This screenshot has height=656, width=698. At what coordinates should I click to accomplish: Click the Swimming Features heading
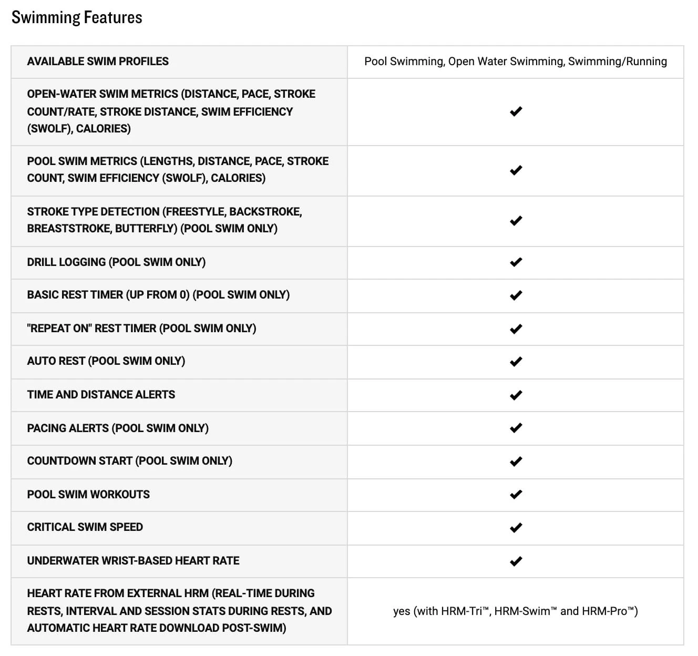pos(77,17)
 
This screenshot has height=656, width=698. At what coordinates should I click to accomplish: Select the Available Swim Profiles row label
pos(98,61)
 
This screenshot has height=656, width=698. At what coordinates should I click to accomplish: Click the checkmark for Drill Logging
pos(516,262)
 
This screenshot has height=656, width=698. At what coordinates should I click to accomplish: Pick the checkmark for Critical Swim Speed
pos(516,527)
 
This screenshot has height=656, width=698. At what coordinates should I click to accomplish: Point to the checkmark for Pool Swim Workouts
pos(516,494)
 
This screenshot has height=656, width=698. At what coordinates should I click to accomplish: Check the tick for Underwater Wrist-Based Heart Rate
pos(516,561)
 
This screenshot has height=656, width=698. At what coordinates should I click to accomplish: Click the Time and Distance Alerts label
pos(101,395)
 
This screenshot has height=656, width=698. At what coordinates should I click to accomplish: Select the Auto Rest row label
pos(106,361)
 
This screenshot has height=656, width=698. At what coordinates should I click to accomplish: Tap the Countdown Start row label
pos(129,461)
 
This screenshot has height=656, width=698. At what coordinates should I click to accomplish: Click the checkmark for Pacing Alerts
pos(516,428)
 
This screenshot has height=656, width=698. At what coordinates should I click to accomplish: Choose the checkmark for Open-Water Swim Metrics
pos(516,111)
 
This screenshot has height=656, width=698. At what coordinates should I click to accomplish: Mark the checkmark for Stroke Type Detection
pos(516,221)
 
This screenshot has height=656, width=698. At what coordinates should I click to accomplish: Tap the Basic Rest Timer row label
pos(158,295)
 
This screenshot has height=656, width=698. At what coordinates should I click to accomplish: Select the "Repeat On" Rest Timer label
pos(141,329)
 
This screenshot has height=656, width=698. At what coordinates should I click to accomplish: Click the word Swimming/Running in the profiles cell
pos(617,61)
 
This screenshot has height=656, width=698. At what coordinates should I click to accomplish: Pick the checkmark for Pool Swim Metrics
pos(516,170)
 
